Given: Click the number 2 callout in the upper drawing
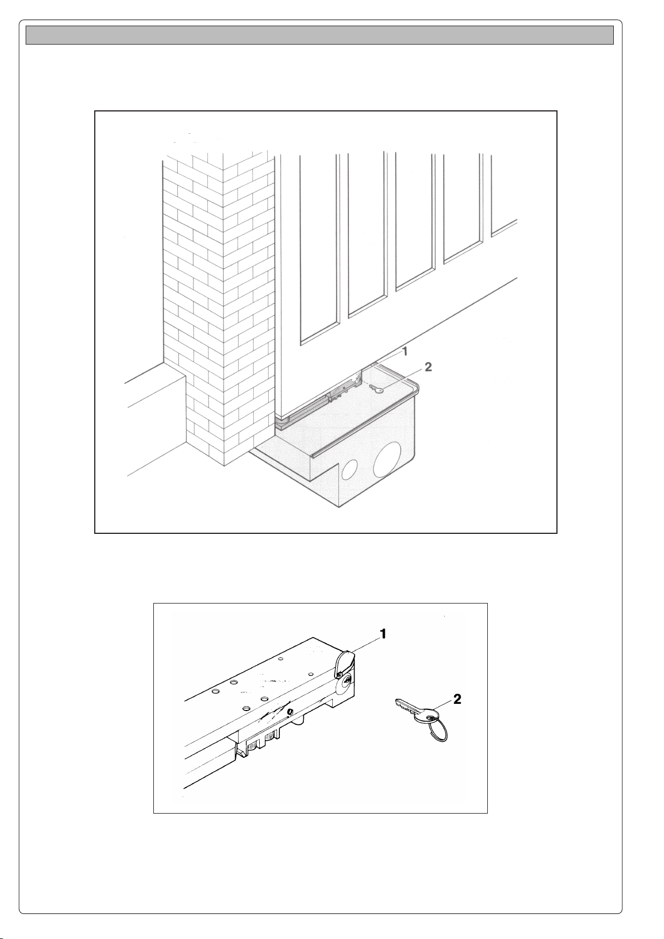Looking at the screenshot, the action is [x=428, y=367].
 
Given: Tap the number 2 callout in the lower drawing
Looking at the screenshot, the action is [x=457, y=700].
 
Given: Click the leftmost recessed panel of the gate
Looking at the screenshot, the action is [x=319, y=245].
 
